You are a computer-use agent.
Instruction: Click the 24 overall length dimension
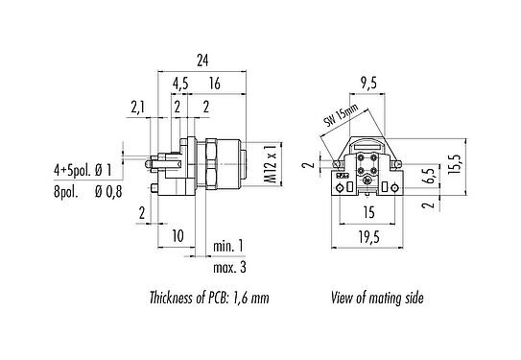(202, 60)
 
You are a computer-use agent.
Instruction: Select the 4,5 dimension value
(180, 84)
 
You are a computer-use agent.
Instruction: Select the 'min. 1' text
(228, 246)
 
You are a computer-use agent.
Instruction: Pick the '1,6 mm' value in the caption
(250, 299)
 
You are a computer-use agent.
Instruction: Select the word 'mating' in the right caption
(386, 299)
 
